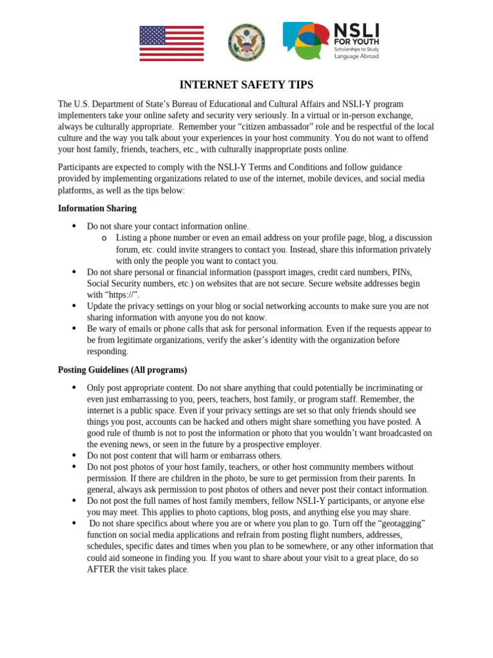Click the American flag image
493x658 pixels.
[x=171, y=43]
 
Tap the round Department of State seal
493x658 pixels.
[x=246, y=42]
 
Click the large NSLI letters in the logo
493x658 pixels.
[x=356, y=30]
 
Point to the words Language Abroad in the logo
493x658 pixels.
[x=356, y=57]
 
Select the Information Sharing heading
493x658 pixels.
[x=97, y=208]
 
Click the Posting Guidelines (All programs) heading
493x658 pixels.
[x=122, y=369]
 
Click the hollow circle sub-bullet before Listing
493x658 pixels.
[x=104, y=238]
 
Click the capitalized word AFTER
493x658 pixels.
[x=101, y=569]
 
